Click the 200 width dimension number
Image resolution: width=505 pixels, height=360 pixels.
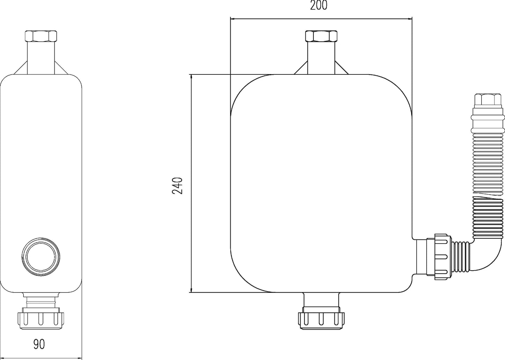coord(319,6)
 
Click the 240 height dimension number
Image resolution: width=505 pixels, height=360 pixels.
coord(178,186)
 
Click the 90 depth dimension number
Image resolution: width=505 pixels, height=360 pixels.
coord(39,344)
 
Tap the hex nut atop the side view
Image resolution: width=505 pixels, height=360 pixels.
coord(41,36)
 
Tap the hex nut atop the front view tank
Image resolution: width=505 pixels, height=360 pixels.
coord(321,36)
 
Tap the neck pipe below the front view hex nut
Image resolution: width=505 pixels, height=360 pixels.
coord(321,58)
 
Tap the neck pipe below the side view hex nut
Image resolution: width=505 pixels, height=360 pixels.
coord(41,58)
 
